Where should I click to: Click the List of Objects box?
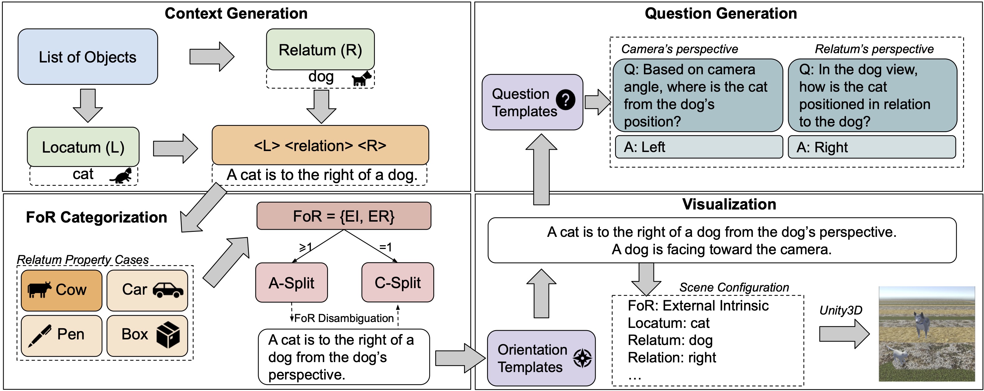[x=88, y=57]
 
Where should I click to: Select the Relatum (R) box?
[x=320, y=50]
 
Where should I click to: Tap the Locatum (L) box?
[x=83, y=147]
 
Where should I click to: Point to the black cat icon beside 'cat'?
[x=121, y=176]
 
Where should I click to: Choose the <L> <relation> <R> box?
[x=320, y=145]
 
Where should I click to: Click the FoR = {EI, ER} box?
[x=344, y=216]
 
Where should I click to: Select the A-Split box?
[x=291, y=283]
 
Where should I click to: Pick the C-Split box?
[x=397, y=282]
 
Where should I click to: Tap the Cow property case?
[x=61, y=290]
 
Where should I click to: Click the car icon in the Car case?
[x=168, y=290]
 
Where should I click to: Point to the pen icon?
[x=39, y=335]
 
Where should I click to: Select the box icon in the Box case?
[x=168, y=334]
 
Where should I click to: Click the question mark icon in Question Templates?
[x=565, y=100]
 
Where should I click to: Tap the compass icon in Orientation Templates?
[x=582, y=358]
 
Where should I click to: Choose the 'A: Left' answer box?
[x=699, y=147]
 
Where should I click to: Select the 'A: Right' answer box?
[x=872, y=147]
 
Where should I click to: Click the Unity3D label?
[x=840, y=310]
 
